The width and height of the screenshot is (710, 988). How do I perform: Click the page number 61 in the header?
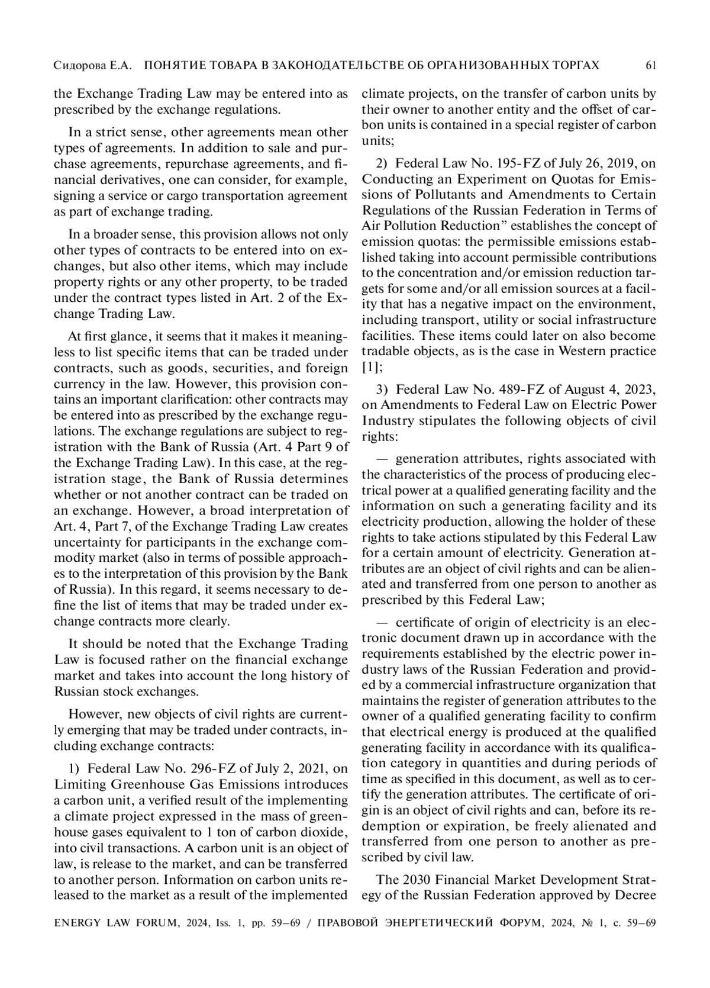point(651,65)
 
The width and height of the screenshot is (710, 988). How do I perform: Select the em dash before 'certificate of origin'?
point(382,623)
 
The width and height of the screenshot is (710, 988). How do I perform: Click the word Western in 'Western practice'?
point(585,351)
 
